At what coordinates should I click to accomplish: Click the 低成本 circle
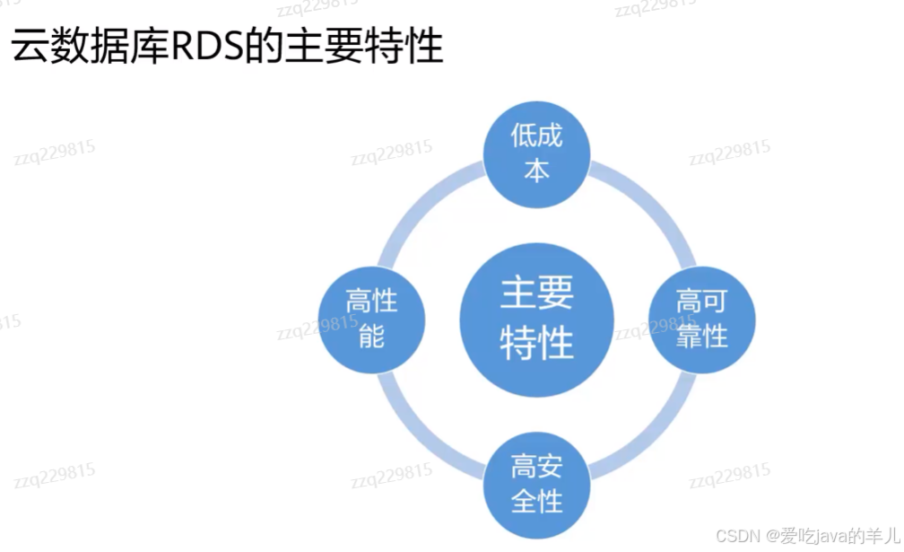click(x=536, y=153)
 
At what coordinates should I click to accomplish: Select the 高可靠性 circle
click(x=702, y=320)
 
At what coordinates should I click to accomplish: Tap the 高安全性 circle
click(x=536, y=485)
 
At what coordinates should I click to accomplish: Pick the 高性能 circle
click(x=371, y=320)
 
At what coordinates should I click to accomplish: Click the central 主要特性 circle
click(x=536, y=320)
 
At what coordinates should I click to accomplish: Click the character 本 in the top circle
click(x=536, y=171)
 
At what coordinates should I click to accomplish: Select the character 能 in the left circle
click(x=371, y=337)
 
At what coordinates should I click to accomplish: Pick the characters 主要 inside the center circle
click(x=536, y=294)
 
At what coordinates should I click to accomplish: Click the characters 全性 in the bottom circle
click(x=536, y=501)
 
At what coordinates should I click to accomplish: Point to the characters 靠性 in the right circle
click(x=702, y=337)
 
